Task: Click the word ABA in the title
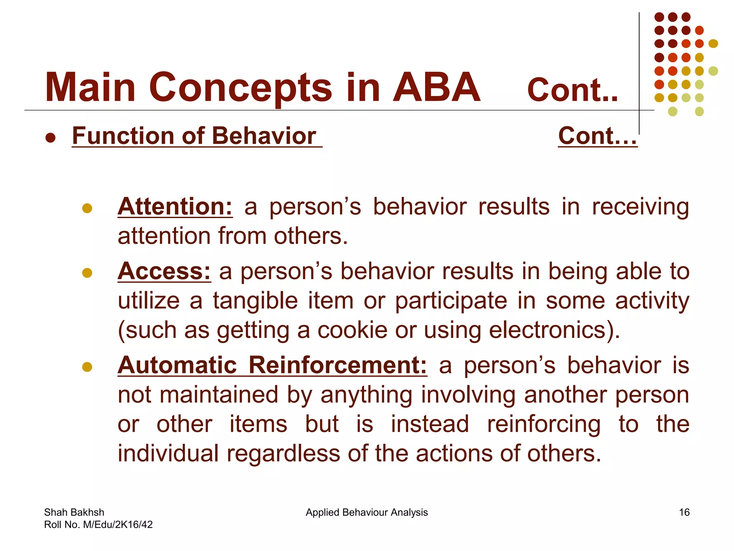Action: pos(436,88)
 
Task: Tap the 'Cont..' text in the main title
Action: pos(572,90)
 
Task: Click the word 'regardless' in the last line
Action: pos(283,453)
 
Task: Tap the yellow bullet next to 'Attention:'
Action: pos(87,208)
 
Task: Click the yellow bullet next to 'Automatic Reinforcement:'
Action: pos(87,367)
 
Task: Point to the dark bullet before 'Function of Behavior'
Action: pos(51,138)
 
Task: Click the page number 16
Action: pos(684,512)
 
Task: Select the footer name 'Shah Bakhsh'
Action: pos(74,512)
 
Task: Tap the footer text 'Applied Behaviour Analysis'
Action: pos(367,512)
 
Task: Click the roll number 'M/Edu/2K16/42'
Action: pos(118,525)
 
